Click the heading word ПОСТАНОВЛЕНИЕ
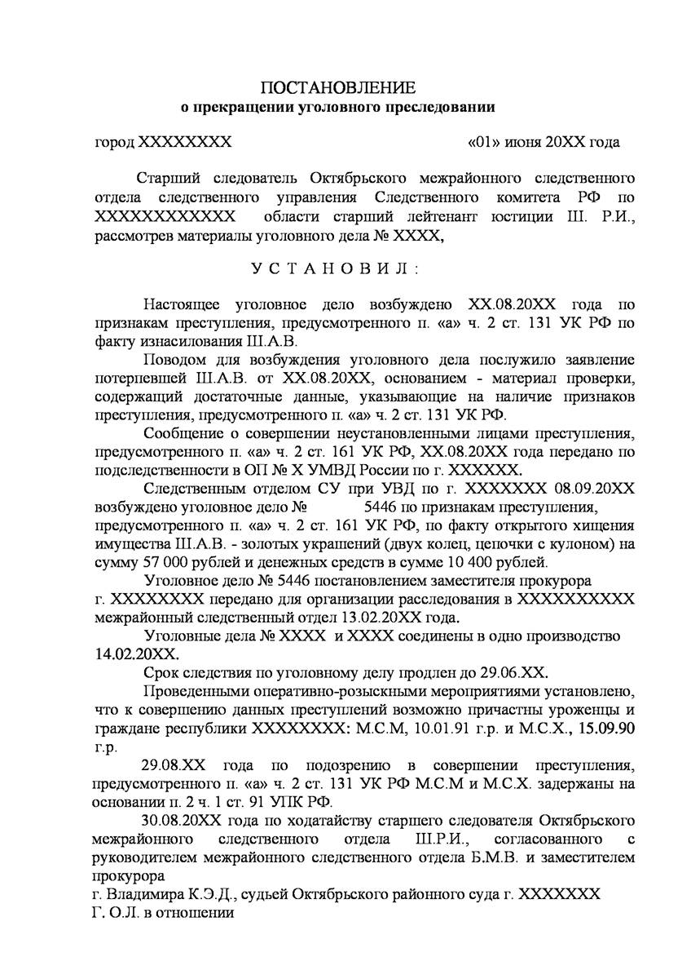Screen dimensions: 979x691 point(338,87)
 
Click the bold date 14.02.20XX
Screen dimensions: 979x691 point(134,654)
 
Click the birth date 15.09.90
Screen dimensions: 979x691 point(602,729)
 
